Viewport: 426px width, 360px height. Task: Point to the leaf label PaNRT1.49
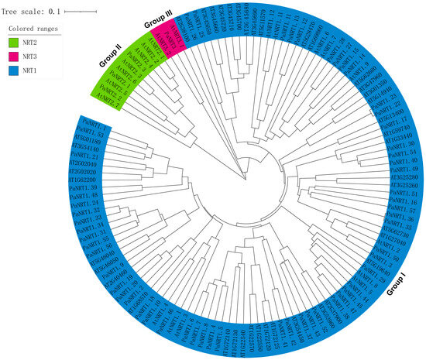[404, 169]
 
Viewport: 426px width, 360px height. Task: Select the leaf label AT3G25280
[404, 177]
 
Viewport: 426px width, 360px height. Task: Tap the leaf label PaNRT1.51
[404, 194]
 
